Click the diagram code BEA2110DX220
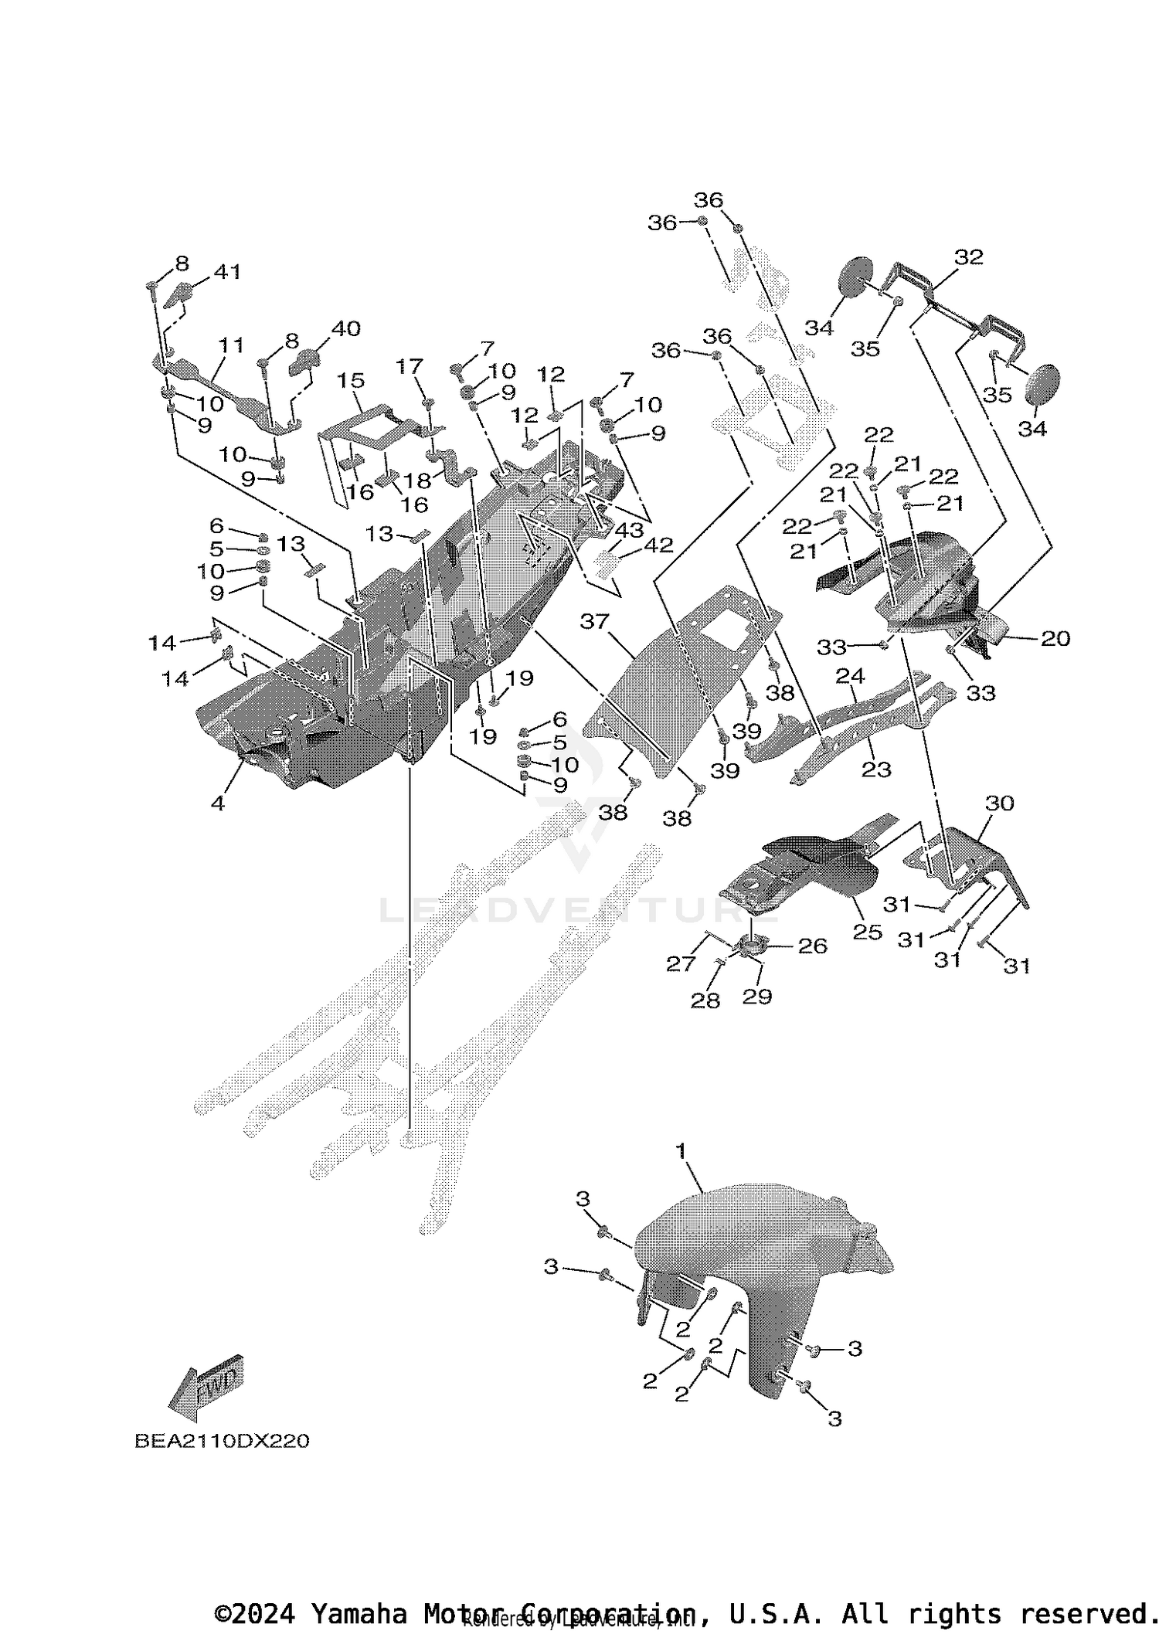[x=222, y=1442]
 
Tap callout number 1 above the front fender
[x=681, y=1173]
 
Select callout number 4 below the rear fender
[x=218, y=803]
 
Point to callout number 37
[x=594, y=621]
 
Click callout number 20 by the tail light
[x=1055, y=638]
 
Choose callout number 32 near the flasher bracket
[x=968, y=257]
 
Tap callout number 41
[x=227, y=272]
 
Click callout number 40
[x=345, y=328]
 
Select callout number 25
[x=867, y=932]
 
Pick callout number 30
[x=999, y=803]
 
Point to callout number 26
[x=812, y=946]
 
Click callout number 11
[x=231, y=345]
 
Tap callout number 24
[x=850, y=677]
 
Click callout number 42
[x=659, y=545]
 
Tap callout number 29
[x=756, y=997]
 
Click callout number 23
[x=876, y=769]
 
